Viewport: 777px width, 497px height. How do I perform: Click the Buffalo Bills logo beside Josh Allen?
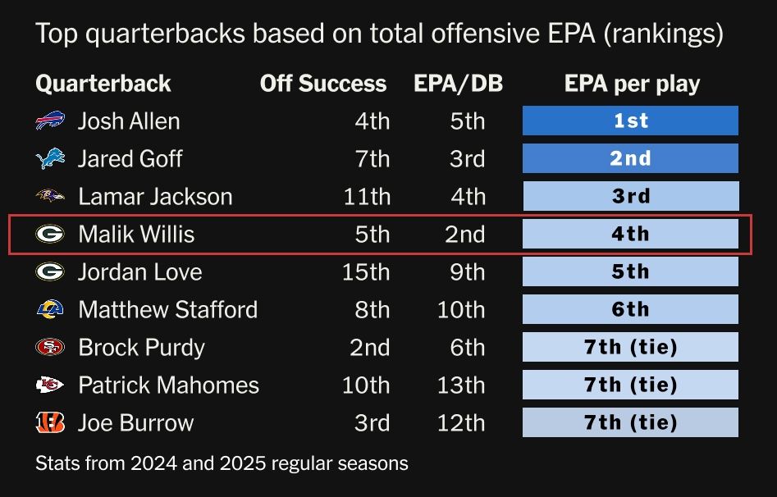[50, 121]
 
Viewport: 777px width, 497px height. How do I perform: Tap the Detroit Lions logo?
[50, 158]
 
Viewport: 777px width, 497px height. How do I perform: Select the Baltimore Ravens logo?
[50, 196]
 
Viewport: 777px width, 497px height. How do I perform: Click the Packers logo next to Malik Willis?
[50, 235]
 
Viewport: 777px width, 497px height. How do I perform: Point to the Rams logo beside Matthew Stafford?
[50, 309]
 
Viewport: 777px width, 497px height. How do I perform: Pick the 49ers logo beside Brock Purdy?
[50, 347]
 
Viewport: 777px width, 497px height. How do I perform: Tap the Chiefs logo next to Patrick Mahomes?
[50, 385]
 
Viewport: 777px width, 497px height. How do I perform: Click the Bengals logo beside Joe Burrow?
[50, 422]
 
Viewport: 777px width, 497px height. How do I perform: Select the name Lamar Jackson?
[155, 197]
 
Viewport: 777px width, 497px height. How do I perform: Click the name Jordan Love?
[139, 272]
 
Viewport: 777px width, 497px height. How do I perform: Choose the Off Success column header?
[323, 84]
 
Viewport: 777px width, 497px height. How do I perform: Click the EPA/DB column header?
[458, 84]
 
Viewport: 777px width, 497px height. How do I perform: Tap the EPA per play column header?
[632, 84]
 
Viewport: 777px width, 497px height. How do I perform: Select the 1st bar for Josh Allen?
[630, 121]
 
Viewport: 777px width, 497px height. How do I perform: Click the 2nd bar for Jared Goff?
[630, 158]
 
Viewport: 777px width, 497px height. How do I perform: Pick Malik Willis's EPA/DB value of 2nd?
[465, 235]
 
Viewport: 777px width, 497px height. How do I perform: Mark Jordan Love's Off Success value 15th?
[366, 272]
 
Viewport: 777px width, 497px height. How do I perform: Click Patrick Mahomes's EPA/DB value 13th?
[461, 385]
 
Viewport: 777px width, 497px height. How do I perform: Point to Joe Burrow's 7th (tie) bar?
[630, 422]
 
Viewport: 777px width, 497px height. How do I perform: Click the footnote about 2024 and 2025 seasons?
[222, 463]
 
